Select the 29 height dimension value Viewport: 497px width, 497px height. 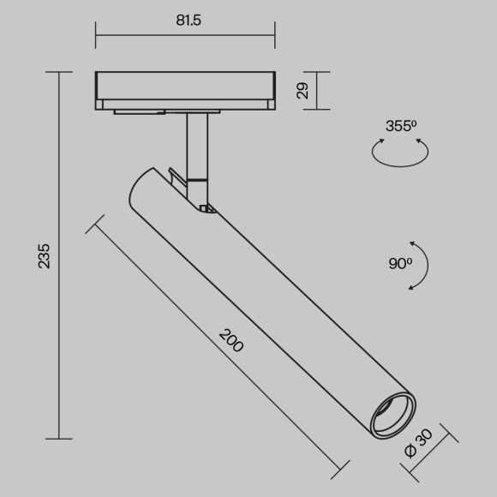302,91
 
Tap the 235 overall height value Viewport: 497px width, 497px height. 44,255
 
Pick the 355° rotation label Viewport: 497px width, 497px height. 400,126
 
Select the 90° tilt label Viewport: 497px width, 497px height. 399,264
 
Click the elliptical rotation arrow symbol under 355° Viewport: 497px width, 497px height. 400,153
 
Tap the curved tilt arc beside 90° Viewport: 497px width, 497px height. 423,265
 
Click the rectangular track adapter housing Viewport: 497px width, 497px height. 185,88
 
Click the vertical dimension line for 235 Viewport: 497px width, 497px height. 59,255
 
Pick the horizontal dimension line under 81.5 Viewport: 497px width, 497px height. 185,36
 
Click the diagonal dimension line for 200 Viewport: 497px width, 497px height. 219,349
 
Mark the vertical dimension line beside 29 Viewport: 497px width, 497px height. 318,91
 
